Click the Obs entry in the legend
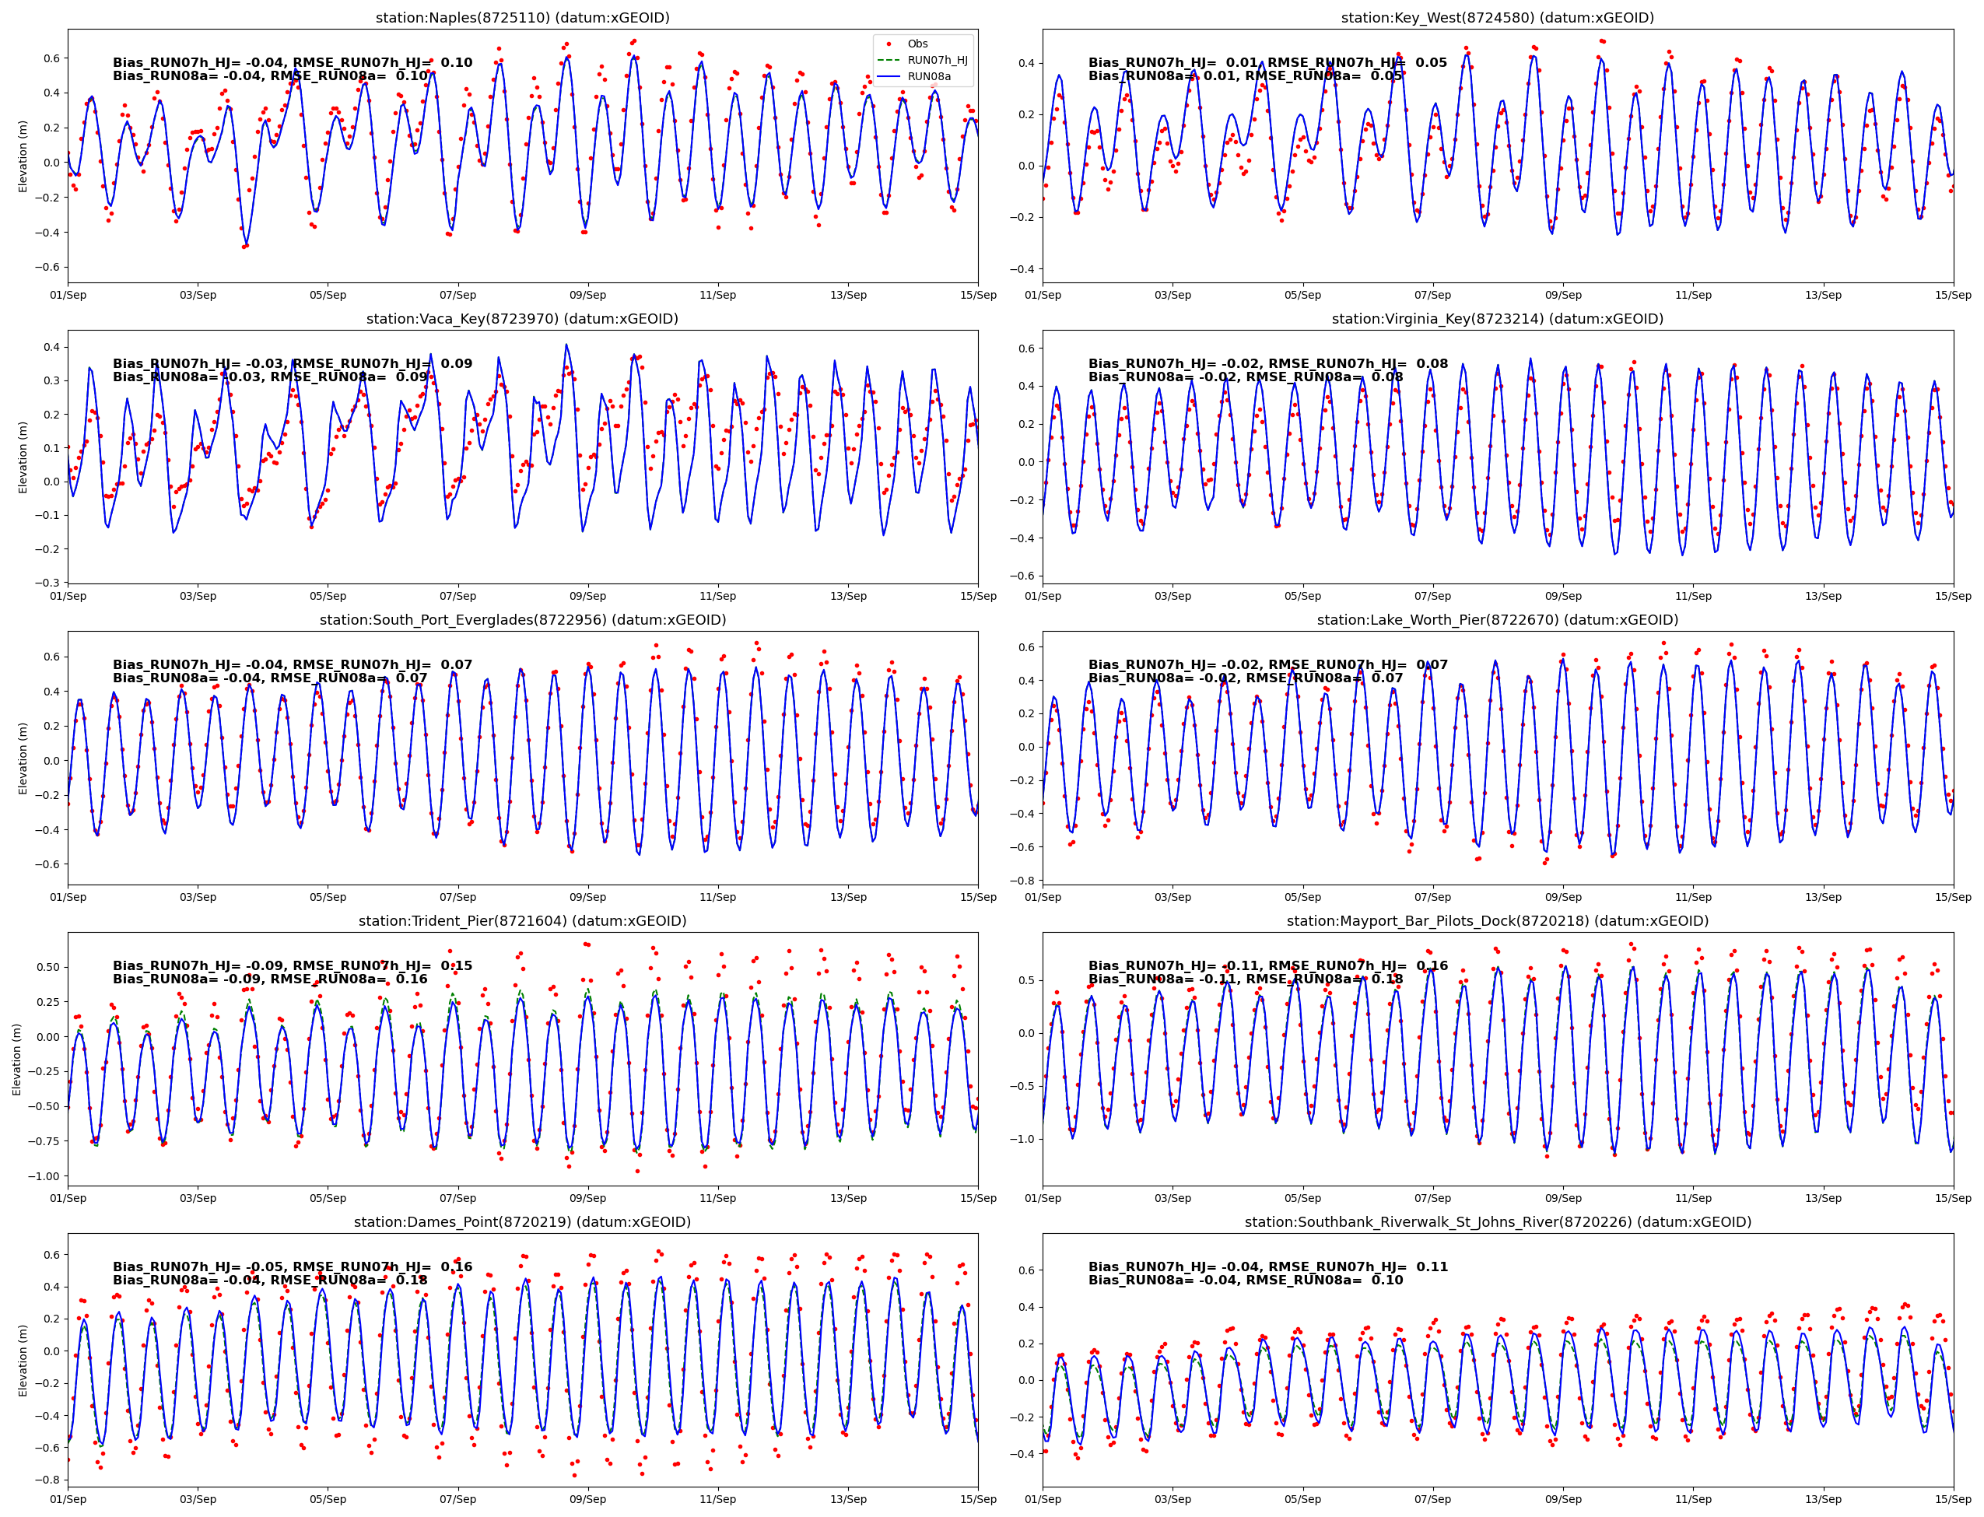[917, 44]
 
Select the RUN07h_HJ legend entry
[937, 60]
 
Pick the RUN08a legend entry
[928, 77]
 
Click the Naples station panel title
[522, 18]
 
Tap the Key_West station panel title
[1496, 18]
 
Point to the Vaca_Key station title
[522, 319]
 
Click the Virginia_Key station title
[1496, 319]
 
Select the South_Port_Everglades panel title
[522, 620]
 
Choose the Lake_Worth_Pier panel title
[1496, 620]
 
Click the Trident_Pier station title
[522, 921]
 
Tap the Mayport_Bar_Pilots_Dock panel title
[1496, 921]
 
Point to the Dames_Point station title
[522, 1221]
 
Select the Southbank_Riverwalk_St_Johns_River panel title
[1496, 1221]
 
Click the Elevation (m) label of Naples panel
[23, 156]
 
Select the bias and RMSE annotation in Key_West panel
[1266, 69]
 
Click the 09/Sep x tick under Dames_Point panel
[588, 1499]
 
